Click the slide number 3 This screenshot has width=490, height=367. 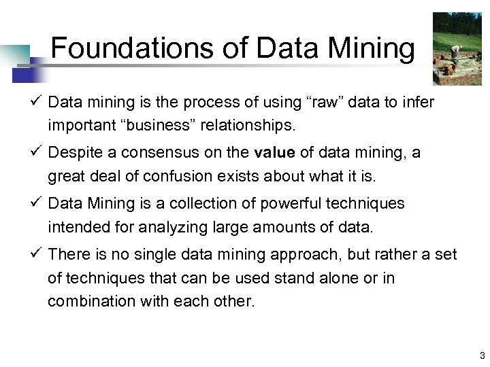tap(481, 355)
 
